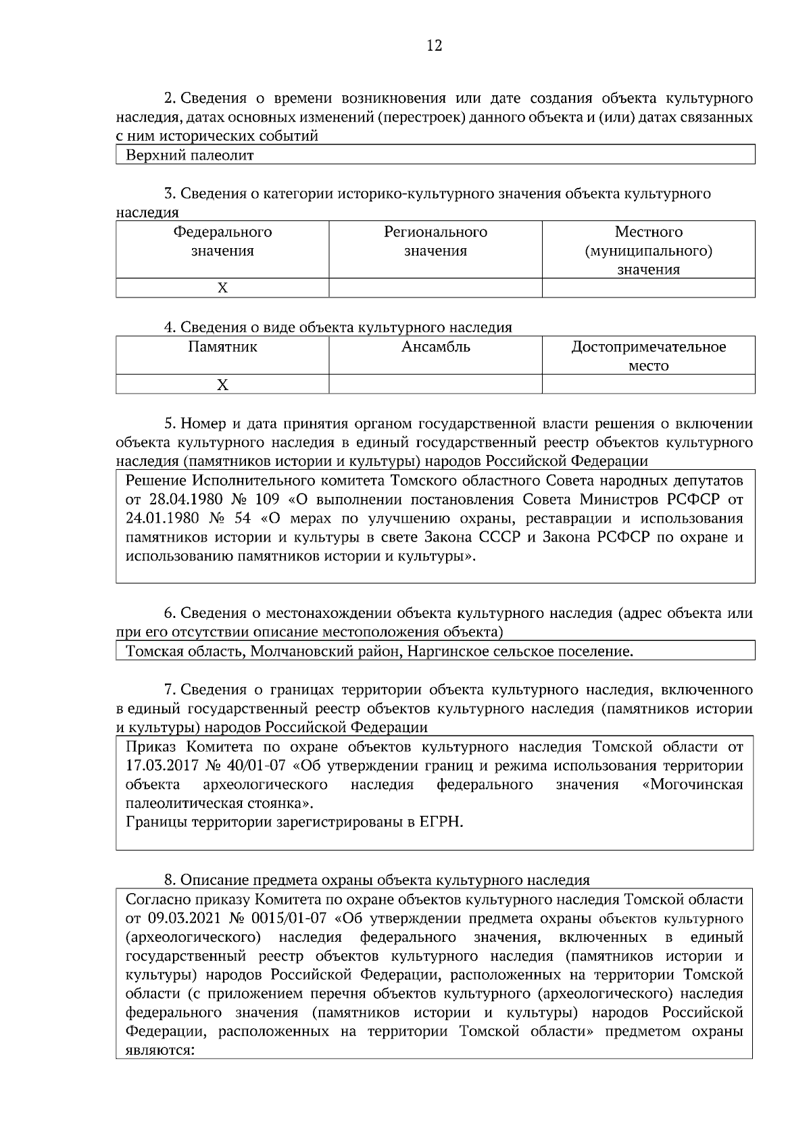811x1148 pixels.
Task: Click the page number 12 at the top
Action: (435, 46)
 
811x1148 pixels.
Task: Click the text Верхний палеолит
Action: (190, 156)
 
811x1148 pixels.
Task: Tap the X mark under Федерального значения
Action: (222, 288)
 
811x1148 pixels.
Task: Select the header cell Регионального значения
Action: (435, 241)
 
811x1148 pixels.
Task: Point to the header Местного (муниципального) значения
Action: (648, 251)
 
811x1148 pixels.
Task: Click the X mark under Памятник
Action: (222, 385)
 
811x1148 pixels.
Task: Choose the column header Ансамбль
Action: (435, 348)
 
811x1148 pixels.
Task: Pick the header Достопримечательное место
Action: (648, 356)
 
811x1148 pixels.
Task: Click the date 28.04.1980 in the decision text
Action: (181, 500)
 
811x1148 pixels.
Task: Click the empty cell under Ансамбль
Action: (435, 385)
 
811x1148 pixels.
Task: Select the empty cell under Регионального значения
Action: (435, 288)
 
